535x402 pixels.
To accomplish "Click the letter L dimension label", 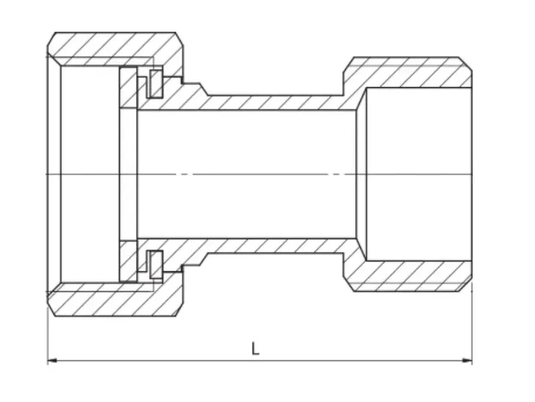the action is point(255,348).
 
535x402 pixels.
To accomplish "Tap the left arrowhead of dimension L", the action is point(52,360).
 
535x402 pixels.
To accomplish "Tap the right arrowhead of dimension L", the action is point(468,360).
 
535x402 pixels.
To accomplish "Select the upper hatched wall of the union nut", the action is point(116,50).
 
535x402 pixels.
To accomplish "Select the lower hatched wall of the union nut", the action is point(116,299).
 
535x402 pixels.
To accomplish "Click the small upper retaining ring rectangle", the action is point(156,84).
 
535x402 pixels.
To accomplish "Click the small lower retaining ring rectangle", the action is point(156,265).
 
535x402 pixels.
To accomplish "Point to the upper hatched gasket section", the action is point(128,88).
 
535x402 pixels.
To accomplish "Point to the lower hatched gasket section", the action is point(128,262).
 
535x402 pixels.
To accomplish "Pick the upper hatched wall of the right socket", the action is point(410,73).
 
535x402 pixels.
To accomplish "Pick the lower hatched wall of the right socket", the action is point(410,276).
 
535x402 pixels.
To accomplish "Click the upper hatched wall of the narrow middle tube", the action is point(273,103).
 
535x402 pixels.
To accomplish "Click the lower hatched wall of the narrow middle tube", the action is point(273,246).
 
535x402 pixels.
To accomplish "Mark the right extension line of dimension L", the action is point(472,323).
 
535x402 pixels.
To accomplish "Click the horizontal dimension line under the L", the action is point(259,360).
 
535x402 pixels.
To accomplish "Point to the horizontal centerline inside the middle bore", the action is point(246,174).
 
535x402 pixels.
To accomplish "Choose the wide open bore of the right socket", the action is point(419,174).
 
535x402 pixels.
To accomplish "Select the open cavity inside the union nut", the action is point(90,174).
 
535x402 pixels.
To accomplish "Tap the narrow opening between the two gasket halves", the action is point(128,174).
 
